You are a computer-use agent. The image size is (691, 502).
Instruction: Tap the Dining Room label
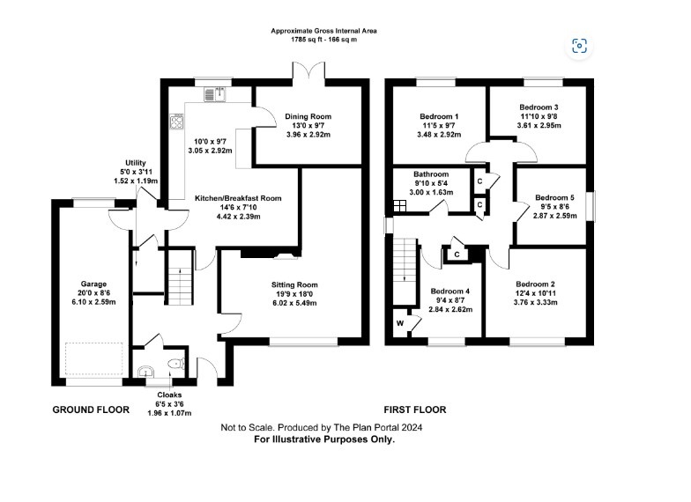pyautogui.click(x=308, y=116)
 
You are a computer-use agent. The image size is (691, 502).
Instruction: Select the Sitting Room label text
pyautogui.click(x=294, y=284)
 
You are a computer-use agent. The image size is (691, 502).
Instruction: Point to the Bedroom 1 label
pyautogui.click(x=438, y=116)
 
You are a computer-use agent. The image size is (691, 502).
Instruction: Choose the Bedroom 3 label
pyautogui.click(x=536, y=107)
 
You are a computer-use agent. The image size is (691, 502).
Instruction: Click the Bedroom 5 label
pyautogui.click(x=554, y=197)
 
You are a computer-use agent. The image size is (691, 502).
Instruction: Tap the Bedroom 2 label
pyautogui.click(x=535, y=284)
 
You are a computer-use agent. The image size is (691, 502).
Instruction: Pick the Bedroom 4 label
pyautogui.click(x=450, y=292)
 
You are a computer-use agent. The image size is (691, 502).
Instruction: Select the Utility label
pyautogui.click(x=135, y=163)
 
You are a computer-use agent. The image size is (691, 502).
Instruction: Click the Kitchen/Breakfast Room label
pyautogui.click(x=238, y=199)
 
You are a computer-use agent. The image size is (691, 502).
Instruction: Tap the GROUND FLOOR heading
pyautogui.click(x=91, y=410)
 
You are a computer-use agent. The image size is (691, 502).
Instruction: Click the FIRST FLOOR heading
pyautogui.click(x=414, y=410)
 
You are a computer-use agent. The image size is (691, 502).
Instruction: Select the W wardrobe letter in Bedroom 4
pyautogui.click(x=399, y=323)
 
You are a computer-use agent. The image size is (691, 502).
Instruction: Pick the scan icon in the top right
pyautogui.click(x=579, y=47)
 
